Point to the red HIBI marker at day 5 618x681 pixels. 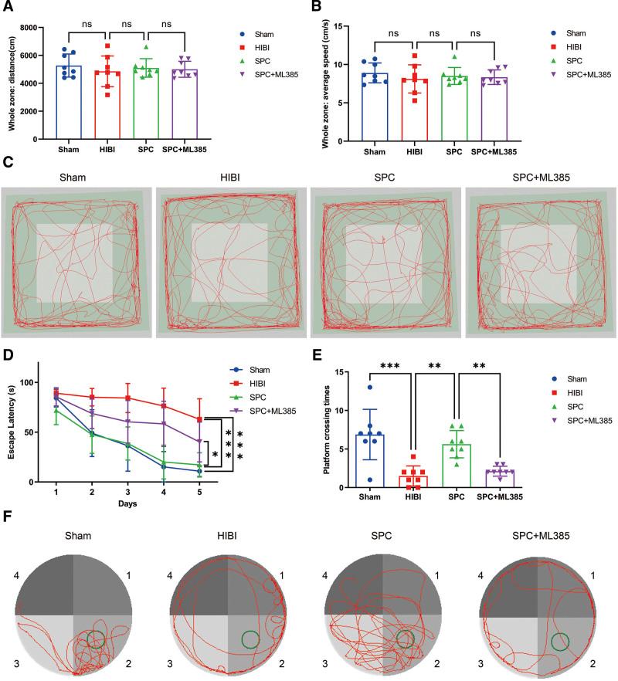tap(200, 419)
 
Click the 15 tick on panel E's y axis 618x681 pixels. tap(334, 371)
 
